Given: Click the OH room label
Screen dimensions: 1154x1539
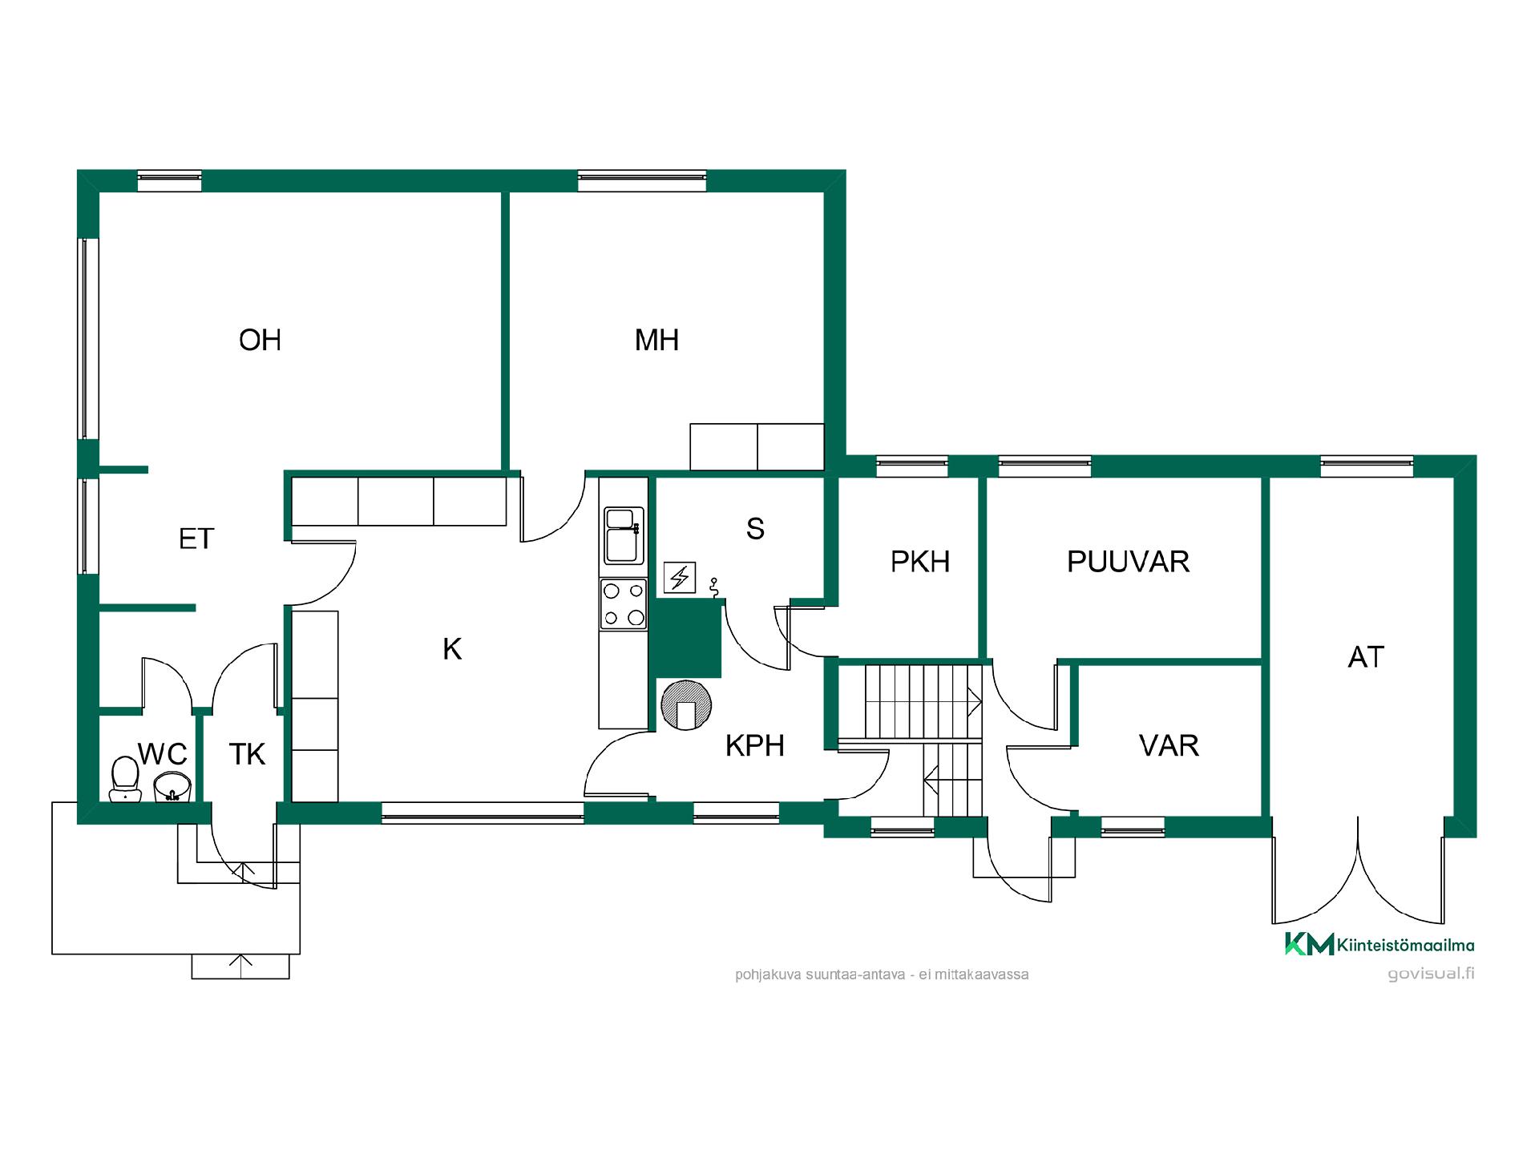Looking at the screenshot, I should point(261,341).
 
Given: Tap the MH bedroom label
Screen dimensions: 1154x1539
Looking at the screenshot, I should point(656,341).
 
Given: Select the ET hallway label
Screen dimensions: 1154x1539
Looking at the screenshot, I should point(196,539).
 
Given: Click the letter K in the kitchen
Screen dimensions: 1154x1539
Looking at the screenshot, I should point(452,649).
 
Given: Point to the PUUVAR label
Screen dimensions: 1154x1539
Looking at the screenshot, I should point(1128,562).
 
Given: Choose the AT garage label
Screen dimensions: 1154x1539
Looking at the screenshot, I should point(1366,657).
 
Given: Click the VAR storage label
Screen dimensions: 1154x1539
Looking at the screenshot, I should point(1169,745).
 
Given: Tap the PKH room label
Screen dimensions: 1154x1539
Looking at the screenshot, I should point(920,562).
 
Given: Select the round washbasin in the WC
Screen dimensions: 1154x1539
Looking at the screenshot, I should point(172,787).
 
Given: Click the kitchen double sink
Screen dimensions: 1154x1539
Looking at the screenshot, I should point(624,535).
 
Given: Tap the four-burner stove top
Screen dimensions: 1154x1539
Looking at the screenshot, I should point(624,604).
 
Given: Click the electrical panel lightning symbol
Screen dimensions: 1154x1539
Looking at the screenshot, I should point(680,577).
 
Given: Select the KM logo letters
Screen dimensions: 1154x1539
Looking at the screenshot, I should point(1309,944).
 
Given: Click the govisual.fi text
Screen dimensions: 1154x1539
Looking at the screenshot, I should point(1431,974).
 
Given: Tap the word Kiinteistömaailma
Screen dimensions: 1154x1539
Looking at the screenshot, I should point(1405,946).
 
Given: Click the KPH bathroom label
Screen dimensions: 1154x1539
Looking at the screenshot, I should point(754,745).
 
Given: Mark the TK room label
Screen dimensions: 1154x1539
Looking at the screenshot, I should point(247,754).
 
